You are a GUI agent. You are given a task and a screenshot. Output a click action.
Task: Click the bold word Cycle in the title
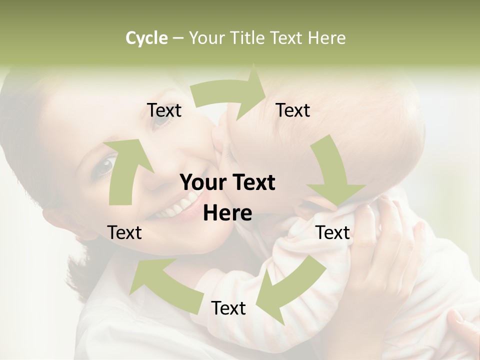pos(146,38)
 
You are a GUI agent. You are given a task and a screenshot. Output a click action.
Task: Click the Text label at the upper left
pos(164,110)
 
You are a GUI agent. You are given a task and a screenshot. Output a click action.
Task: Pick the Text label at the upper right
pos(293,110)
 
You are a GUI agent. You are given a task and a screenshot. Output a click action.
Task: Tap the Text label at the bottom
pos(228,308)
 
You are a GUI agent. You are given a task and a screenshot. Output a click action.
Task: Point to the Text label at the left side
pos(124,232)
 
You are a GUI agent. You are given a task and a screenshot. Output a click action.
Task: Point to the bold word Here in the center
pos(227,213)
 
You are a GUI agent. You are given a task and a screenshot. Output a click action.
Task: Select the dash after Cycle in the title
pos(178,38)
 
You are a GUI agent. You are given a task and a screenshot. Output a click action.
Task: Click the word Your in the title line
pos(207,38)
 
